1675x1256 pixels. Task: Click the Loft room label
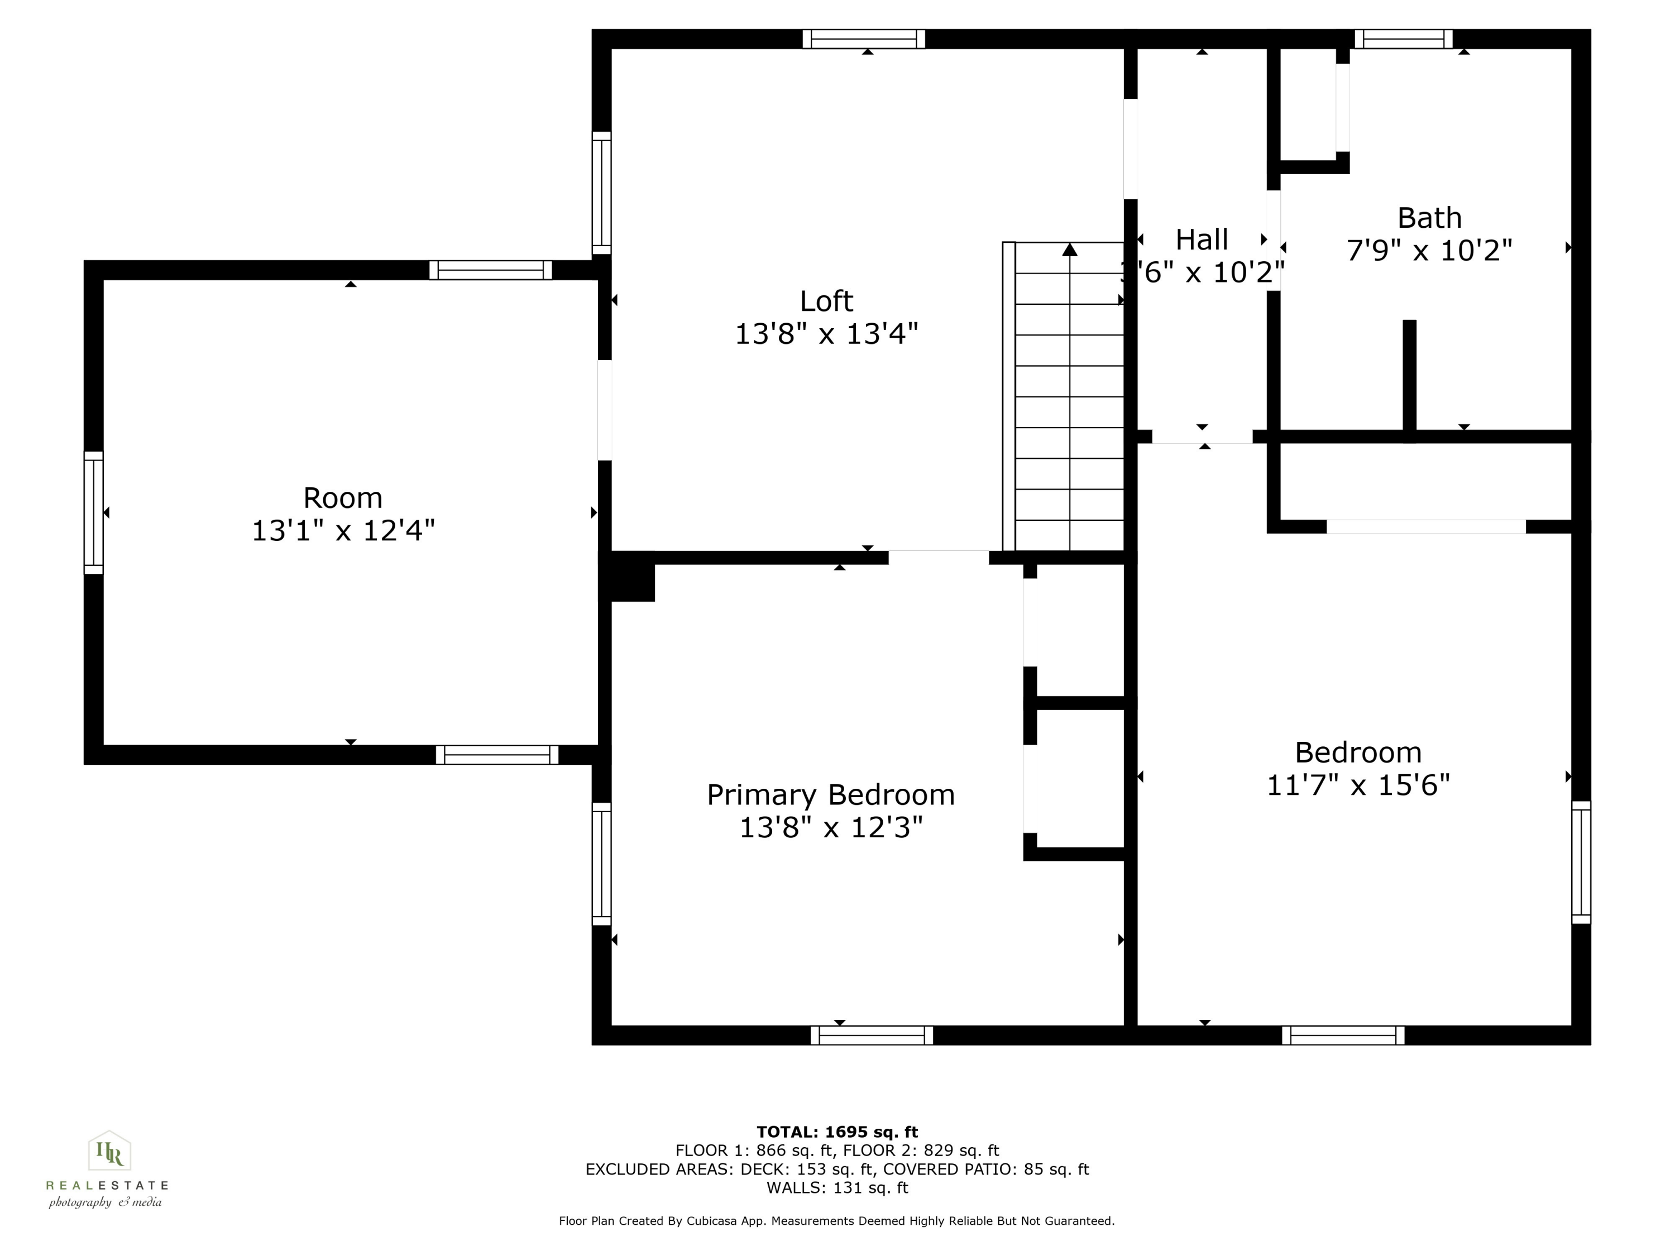point(826,301)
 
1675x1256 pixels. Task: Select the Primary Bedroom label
point(831,795)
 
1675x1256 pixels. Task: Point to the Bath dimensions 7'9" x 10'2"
point(1429,250)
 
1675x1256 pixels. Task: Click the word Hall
point(1202,240)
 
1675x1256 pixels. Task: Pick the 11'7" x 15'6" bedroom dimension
point(1358,785)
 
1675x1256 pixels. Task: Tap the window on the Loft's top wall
point(864,39)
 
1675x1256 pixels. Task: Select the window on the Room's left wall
point(93,512)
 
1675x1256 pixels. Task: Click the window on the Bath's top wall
point(1403,39)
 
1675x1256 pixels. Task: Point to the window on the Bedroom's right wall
point(1581,862)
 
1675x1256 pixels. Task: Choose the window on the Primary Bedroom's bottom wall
point(872,1035)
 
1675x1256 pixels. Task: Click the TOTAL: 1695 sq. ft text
point(837,1132)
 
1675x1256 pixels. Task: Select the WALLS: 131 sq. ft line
point(837,1188)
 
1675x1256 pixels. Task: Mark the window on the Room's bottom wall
point(497,755)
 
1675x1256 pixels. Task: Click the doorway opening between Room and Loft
point(604,410)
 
